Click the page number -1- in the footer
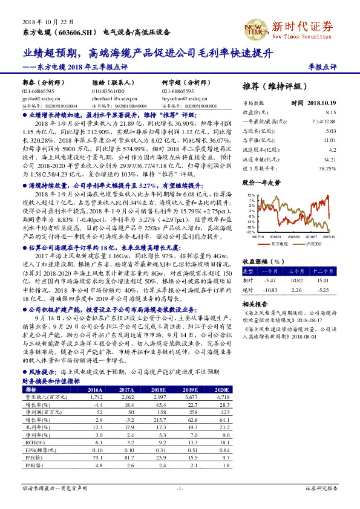(x=180, y=487)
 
